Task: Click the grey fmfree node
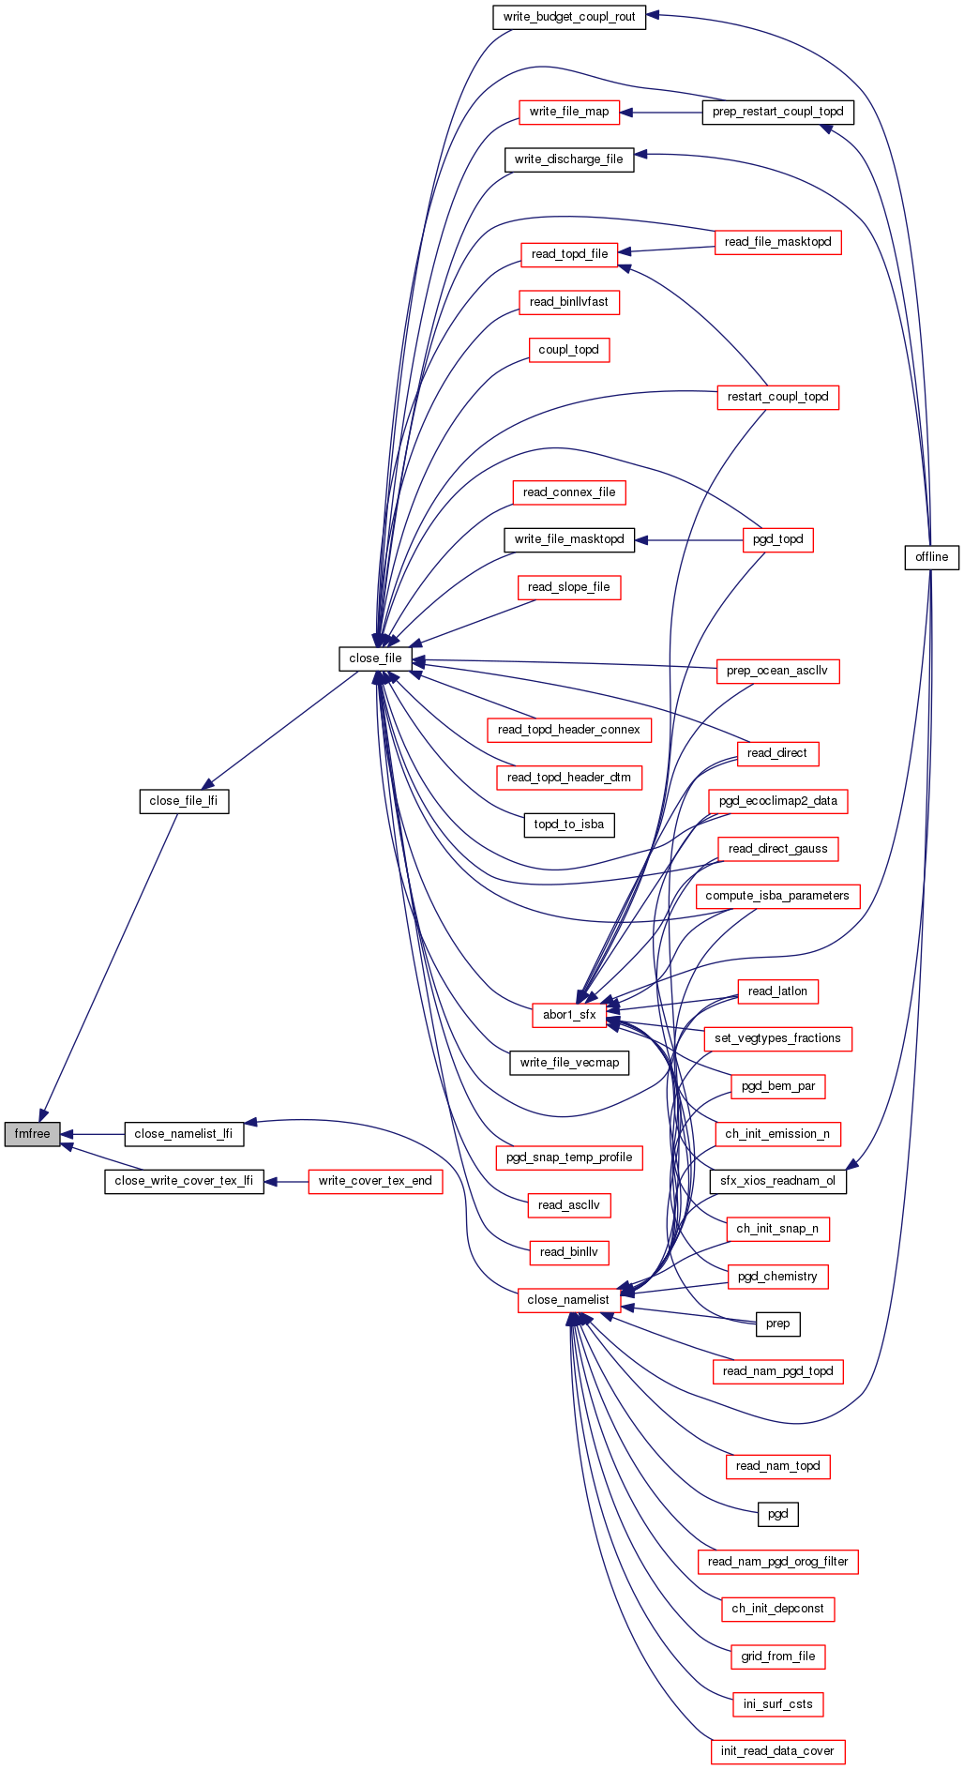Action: (x=32, y=1133)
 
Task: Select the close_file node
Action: (x=375, y=658)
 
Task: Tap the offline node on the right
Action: (x=931, y=557)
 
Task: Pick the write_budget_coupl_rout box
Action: (x=569, y=17)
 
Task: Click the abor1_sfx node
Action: (x=569, y=1014)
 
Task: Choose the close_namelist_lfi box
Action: (x=184, y=1133)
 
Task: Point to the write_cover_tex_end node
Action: (x=375, y=1181)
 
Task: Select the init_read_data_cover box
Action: (x=777, y=1750)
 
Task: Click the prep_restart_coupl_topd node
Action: (x=777, y=112)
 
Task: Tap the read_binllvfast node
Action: (x=569, y=302)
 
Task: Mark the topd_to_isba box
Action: (x=569, y=824)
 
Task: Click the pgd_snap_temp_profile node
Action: (x=569, y=1157)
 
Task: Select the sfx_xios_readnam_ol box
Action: (x=777, y=1181)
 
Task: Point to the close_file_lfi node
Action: (x=184, y=801)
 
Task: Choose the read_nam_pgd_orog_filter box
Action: (x=777, y=1561)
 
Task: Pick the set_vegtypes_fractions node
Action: (x=777, y=1038)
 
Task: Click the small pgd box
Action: (x=777, y=1514)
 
